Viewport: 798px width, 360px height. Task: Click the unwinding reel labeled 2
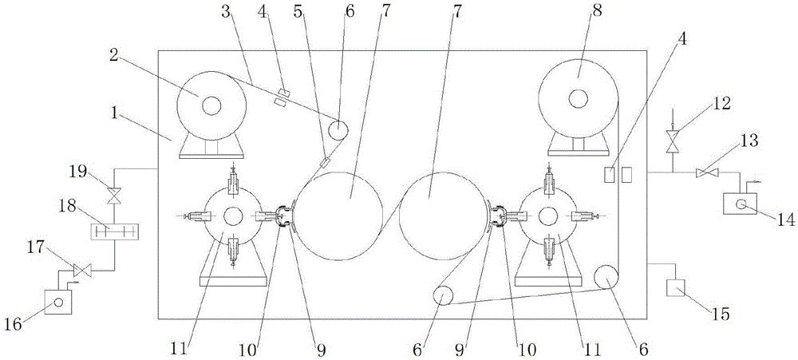pos(211,105)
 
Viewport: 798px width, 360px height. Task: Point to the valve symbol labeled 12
pos(673,141)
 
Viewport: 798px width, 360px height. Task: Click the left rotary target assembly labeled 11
pos(233,216)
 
